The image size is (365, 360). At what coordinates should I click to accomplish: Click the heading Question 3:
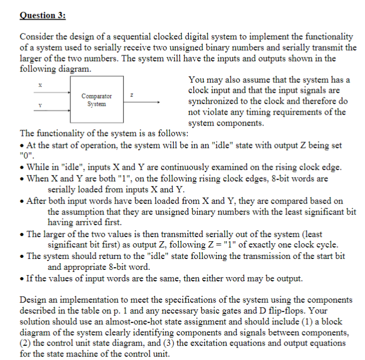point(42,16)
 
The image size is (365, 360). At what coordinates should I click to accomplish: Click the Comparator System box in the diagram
point(96,101)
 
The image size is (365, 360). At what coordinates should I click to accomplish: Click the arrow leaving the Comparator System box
point(149,102)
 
